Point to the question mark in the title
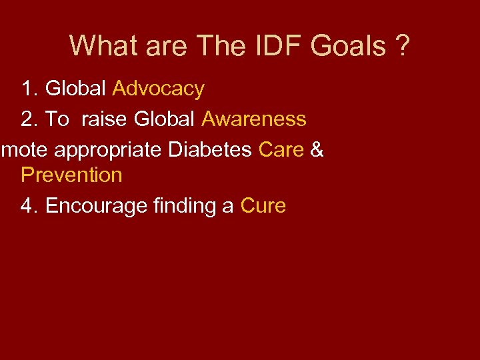click(x=403, y=46)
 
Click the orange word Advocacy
click(x=159, y=89)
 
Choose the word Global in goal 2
click(x=165, y=119)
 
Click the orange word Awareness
click(x=253, y=119)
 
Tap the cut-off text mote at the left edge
click(x=25, y=150)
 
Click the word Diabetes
click(x=210, y=150)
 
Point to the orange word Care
click(x=281, y=150)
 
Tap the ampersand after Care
click(x=317, y=150)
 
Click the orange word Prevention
click(x=71, y=175)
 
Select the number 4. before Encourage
click(x=30, y=206)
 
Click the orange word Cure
click(x=263, y=206)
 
